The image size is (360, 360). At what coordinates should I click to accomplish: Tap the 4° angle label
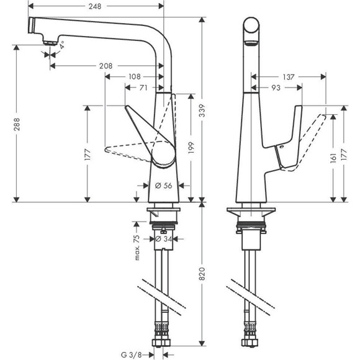(x=61, y=45)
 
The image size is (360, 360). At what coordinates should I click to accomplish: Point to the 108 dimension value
(x=133, y=76)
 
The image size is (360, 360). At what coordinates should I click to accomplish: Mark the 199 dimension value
(x=191, y=146)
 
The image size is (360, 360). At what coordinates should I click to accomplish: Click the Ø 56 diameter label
(x=162, y=184)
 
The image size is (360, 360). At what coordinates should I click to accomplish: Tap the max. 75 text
(x=138, y=248)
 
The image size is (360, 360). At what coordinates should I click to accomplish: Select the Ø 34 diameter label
(x=163, y=238)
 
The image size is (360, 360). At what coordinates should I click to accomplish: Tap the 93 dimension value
(x=276, y=88)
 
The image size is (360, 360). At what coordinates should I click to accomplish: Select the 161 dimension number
(x=333, y=158)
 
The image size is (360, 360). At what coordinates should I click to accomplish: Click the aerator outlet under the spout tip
(x=47, y=41)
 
